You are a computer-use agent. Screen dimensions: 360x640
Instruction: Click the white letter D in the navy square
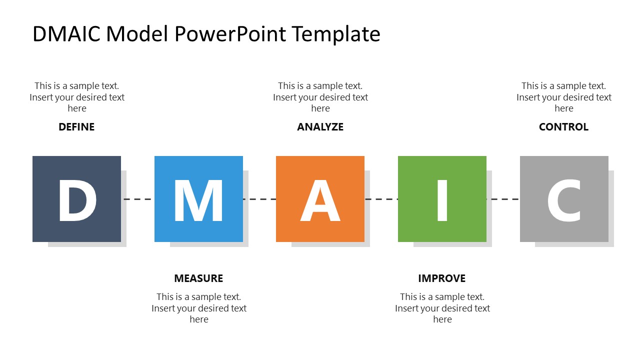[x=77, y=200]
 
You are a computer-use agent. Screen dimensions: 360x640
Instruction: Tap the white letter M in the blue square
[x=198, y=200]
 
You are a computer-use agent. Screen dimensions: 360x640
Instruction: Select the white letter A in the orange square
[x=320, y=200]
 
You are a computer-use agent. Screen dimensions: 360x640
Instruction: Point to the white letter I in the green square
[x=442, y=200]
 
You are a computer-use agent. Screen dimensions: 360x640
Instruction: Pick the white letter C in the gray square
[x=564, y=200]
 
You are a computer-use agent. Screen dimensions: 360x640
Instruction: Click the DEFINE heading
[x=76, y=127]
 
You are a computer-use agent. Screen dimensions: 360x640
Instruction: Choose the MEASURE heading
[x=198, y=278]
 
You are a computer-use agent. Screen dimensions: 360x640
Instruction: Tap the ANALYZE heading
[x=320, y=127]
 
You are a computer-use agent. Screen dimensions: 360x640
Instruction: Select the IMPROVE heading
[x=442, y=278]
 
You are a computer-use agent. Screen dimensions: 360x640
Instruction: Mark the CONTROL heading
[x=563, y=127]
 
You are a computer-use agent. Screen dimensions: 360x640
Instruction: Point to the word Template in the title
[x=336, y=34]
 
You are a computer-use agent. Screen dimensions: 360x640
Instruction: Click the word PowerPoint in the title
[x=230, y=34]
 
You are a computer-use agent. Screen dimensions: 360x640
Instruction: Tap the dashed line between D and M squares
[x=138, y=199]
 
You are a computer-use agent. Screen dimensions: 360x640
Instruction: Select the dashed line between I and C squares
[x=503, y=199]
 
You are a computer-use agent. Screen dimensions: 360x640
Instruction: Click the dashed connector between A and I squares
[x=381, y=199]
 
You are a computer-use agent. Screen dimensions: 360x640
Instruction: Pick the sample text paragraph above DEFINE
[x=77, y=97]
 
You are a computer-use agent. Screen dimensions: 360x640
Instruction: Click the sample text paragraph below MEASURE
[x=199, y=308]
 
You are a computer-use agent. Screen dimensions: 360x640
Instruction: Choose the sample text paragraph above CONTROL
[x=564, y=97]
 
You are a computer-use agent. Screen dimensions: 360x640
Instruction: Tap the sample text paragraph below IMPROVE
[x=442, y=308]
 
